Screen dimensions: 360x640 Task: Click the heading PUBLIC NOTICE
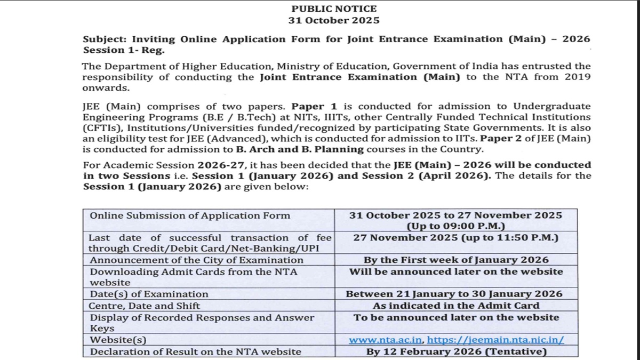[334, 9]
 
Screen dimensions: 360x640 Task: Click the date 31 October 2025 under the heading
[334, 20]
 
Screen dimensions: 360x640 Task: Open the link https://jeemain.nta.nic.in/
[495, 340]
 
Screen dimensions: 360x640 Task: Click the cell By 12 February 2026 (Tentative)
[456, 351]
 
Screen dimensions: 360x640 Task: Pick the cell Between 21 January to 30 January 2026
[454, 294]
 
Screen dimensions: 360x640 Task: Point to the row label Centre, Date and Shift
[145, 306]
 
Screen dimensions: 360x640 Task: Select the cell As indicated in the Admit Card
[456, 306]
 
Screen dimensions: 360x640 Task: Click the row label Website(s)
[118, 340]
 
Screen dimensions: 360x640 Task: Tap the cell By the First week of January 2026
[456, 260]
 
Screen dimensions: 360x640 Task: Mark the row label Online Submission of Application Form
[190, 215]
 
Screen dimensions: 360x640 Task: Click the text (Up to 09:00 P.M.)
[456, 226]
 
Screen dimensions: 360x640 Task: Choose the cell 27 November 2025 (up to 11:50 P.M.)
[456, 237]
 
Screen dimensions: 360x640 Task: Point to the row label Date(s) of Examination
[149, 294]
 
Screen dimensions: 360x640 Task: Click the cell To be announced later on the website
[456, 317]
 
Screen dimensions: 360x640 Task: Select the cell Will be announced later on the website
[456, 271]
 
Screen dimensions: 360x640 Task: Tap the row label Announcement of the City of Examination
[196, 260]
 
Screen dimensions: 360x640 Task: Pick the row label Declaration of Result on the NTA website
[195, 351]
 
